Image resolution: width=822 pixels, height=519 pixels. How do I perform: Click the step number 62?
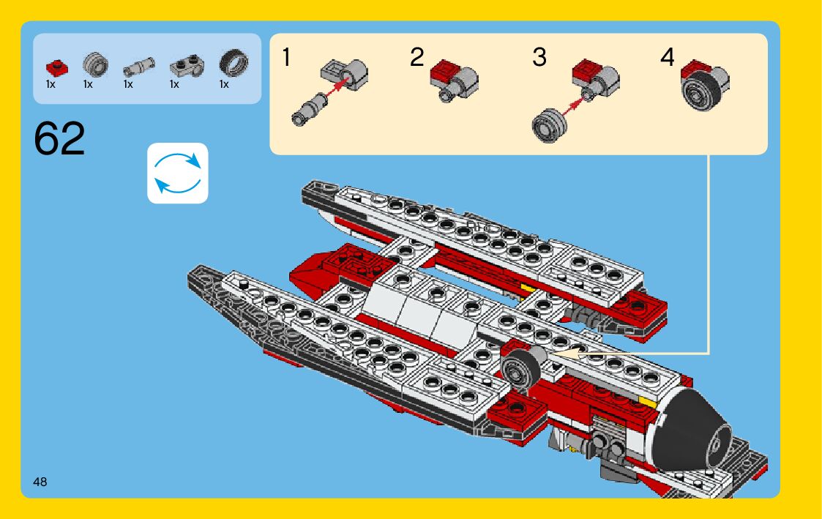[59, 139]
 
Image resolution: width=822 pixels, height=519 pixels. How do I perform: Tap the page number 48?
[40, 482]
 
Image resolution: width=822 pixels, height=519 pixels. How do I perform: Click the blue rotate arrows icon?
[178, 173]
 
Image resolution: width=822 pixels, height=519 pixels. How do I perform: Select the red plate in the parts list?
[55, 67]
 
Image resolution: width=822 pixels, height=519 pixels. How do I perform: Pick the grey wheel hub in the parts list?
[94, 64]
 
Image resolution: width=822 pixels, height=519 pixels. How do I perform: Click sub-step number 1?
[287, 57]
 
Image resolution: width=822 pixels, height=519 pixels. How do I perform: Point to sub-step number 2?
[416, 57]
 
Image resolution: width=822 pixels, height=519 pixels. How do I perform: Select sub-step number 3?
[539, 57]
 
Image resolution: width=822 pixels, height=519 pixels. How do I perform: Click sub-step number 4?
[667, 57]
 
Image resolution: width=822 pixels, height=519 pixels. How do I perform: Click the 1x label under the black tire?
[224, 84]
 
